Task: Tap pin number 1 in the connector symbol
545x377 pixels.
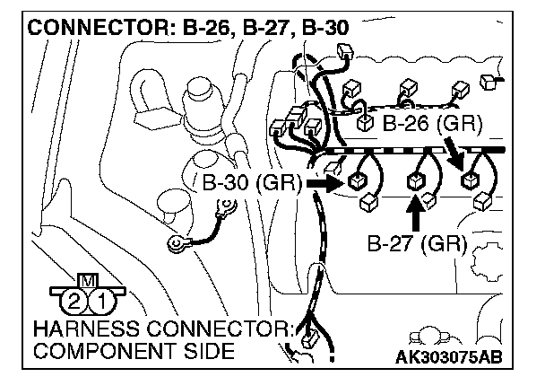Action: tap(103, 299)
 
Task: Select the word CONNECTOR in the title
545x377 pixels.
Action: tap(86, 28)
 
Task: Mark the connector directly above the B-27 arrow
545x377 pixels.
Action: tap(416, 180)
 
